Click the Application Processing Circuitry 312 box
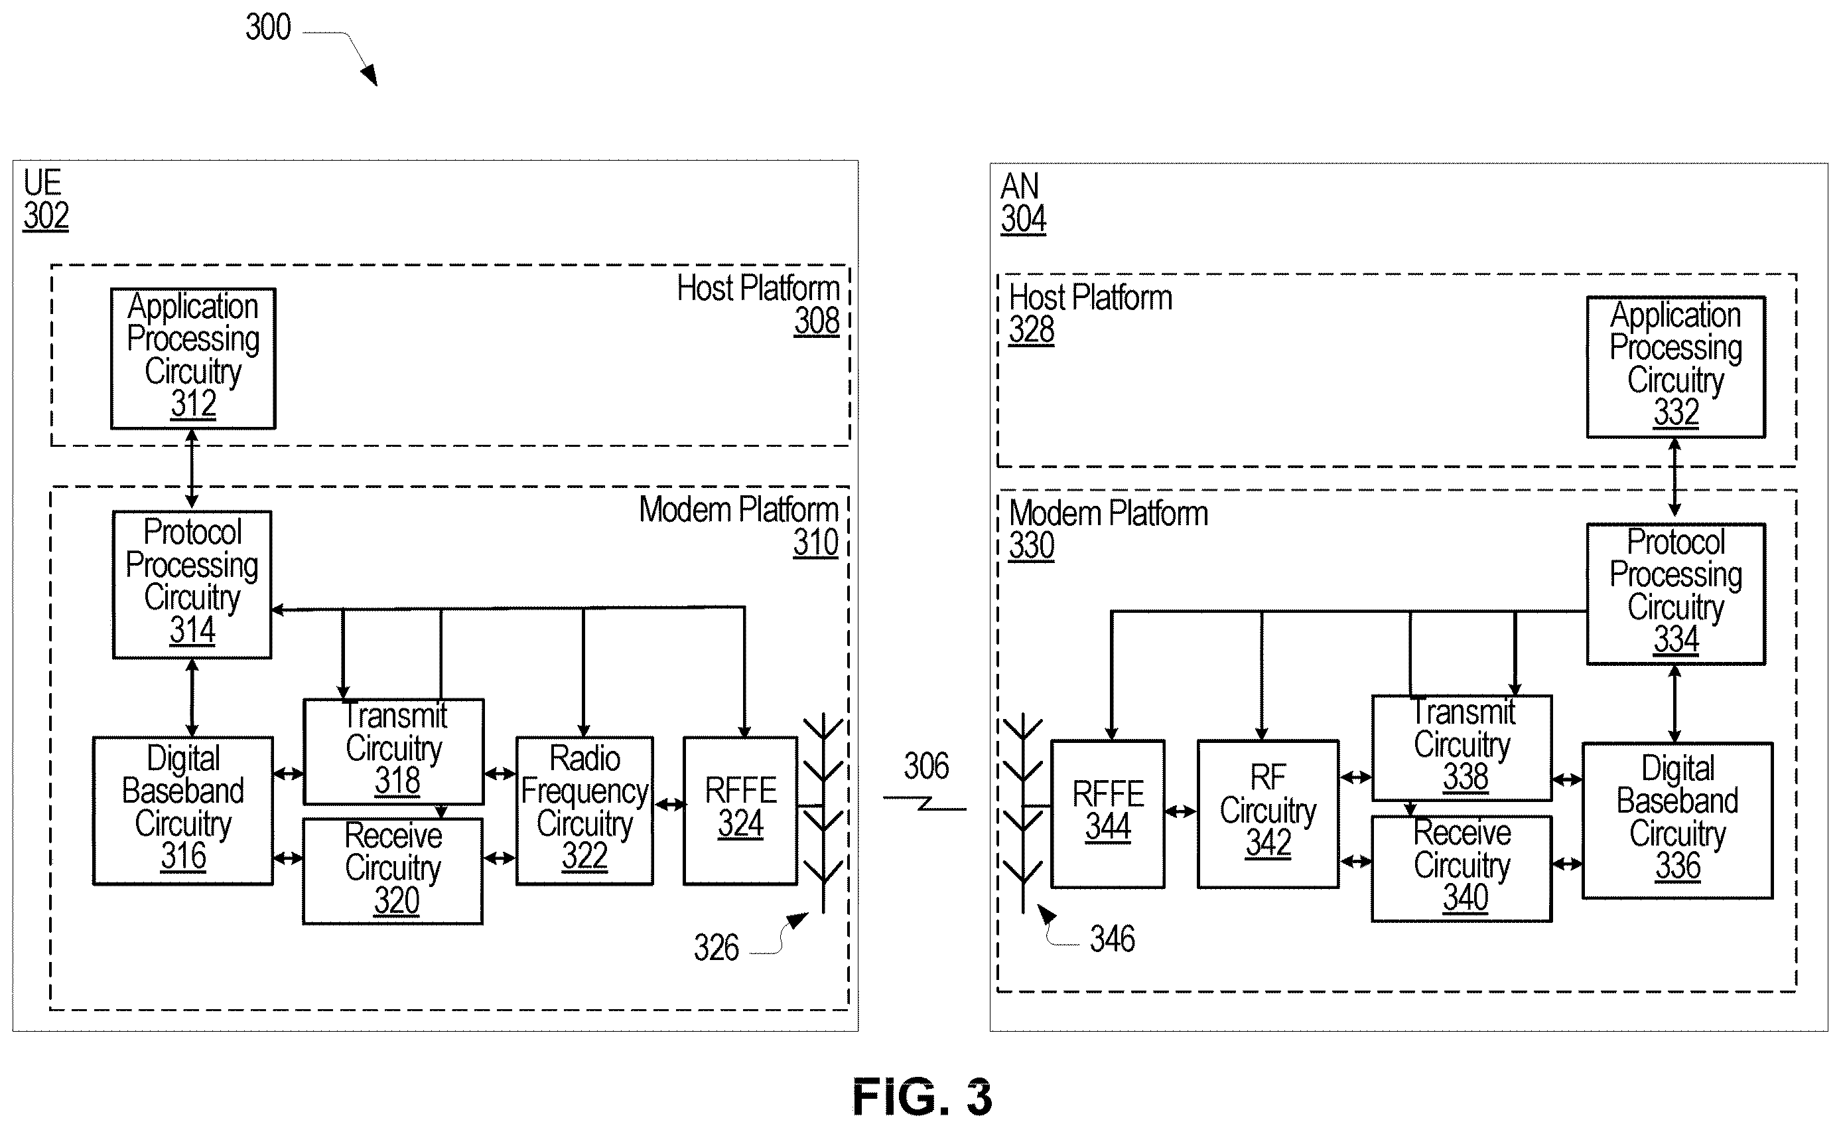click(194, 358)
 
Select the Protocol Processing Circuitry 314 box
click(192, 584)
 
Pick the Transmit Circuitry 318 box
click(394, 752)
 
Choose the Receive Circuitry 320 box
click(393, 871)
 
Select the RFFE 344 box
click(1108, 814)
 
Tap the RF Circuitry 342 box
click(1268, 814)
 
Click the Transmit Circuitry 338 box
click(1462, 748)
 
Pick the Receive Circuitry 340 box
click(1462, 868)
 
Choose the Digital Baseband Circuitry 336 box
click(1677, 820)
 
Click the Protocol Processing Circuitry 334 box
click(1676, 594)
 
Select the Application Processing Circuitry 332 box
click(1676, 367)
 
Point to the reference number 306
click(927, 766)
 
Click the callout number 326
click(716, 948)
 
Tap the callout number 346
click(1113, 939)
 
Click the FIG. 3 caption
click(923, 1097)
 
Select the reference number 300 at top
click(268, 27)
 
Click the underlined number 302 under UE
click(46, 216)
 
